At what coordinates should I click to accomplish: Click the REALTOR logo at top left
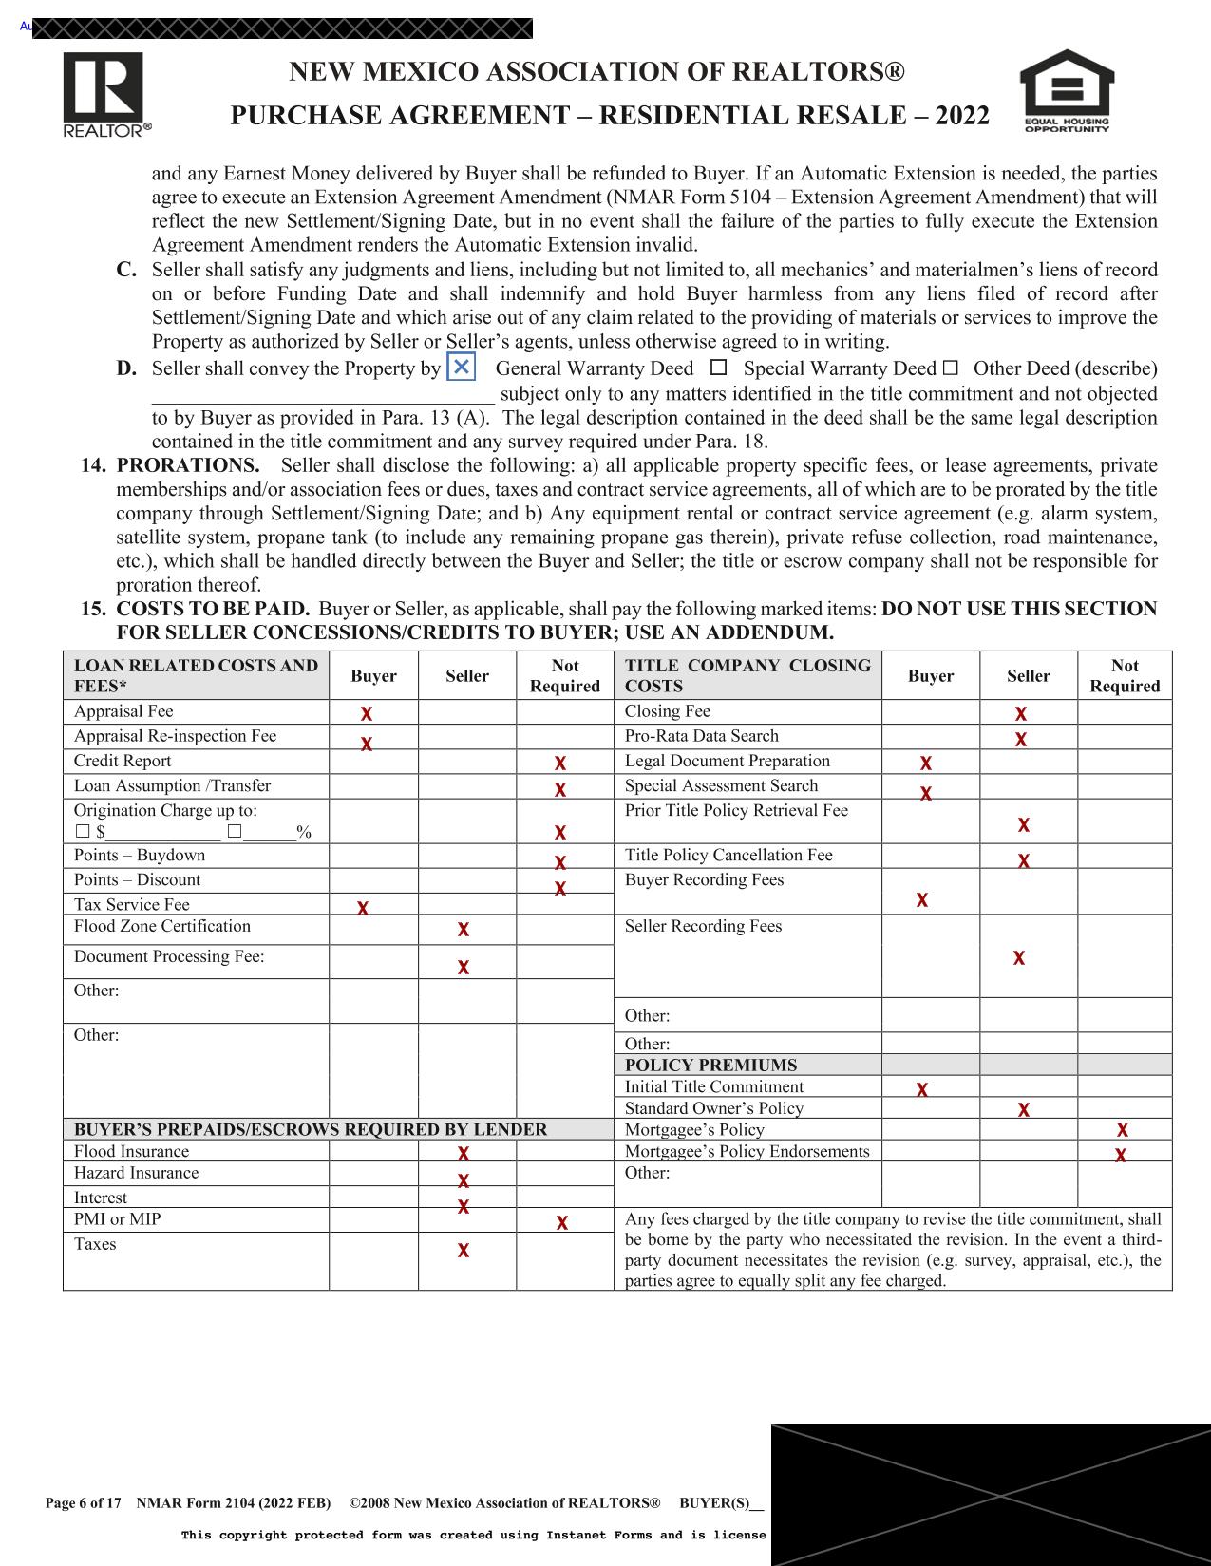(x=104, y=93)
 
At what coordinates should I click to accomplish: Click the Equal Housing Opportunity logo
(x=1066, y=91)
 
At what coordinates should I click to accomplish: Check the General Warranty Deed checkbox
(x=461, y=368)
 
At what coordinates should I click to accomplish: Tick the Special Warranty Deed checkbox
(x=719, y=368)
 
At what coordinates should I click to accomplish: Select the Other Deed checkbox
(x=951, y=368)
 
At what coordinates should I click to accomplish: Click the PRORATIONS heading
(x=187, y=465)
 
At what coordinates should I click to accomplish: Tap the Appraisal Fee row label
(x=123, y=711)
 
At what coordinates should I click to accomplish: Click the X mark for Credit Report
(x=560, y=763)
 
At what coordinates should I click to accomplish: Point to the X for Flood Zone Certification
(x=464, y=930)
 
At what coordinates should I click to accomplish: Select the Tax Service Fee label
(x=132, y=904)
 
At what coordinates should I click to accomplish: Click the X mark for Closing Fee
(x=1021, y=713)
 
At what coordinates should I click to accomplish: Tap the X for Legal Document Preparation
(x=926, y=763)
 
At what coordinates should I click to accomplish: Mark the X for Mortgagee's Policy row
(x=1123, y=1130)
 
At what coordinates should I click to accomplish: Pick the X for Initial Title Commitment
(x=922, y=1089)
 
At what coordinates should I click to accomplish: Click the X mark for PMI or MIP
(x=562, y=1222)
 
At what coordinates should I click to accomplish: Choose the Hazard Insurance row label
(x=136, y=1173)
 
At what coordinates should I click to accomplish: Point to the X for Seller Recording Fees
(x=1019, y=958)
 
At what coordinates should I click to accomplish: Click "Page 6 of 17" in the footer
(x=84, y=1503)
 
